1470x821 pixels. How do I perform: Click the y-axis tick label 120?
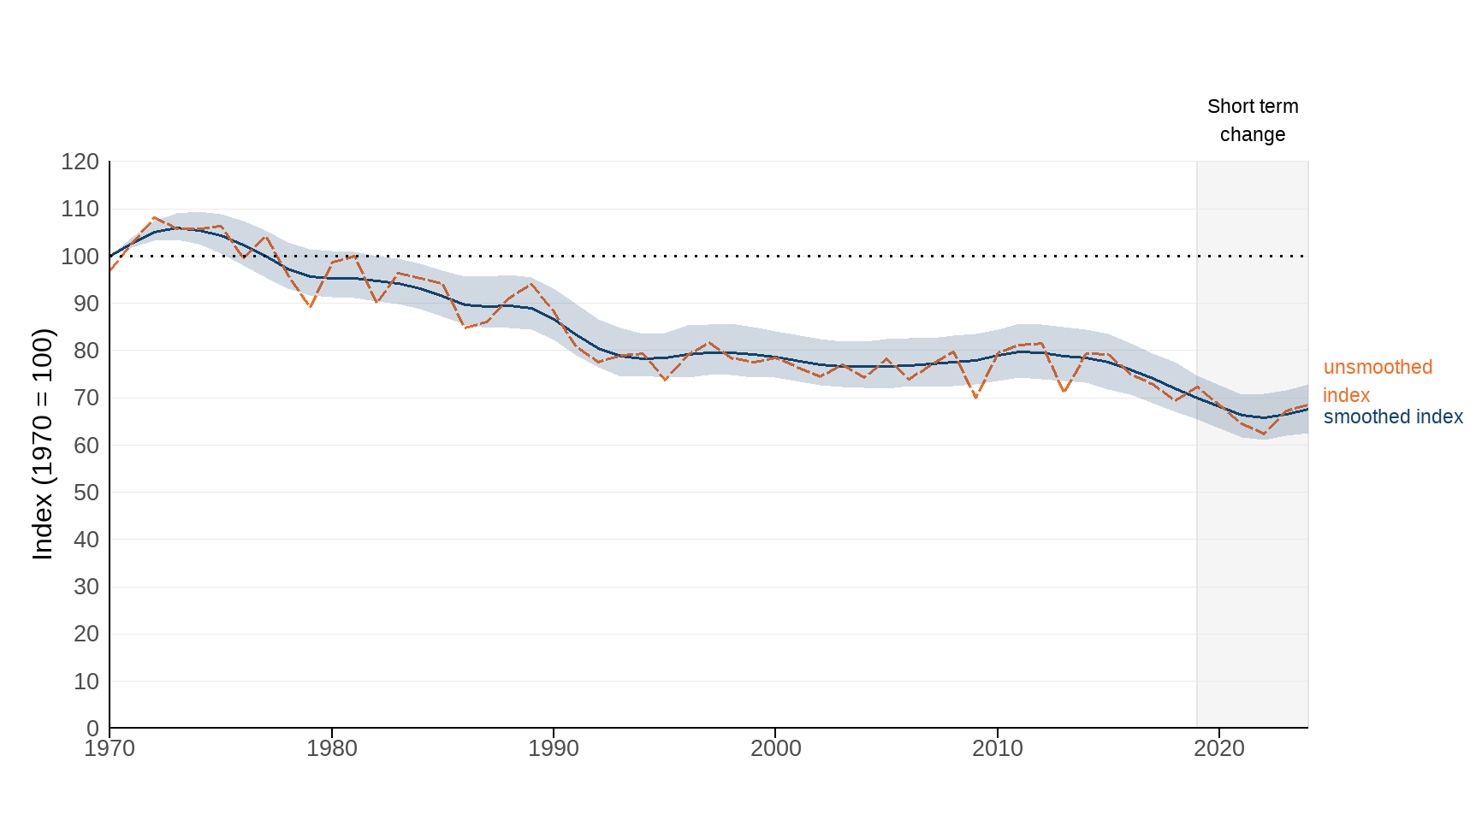tap(80, 162)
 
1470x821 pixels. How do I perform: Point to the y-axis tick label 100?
tap(80, 257)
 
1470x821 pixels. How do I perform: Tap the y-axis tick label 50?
tap(86, 493)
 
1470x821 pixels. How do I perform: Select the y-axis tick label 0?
tap(92, 729)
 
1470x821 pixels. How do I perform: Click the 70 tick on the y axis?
tap(86, 398)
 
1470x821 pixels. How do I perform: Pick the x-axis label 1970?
tap(110, 748)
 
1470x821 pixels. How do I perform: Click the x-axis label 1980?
tap(332, 748)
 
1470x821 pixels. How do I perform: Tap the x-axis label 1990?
tap(554, 748)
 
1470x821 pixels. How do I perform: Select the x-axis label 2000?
tap(776, 748)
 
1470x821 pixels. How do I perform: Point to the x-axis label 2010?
tap(998, 748)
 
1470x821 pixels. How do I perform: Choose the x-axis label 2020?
tap(1219, 748)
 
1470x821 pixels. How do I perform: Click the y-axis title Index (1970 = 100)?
tap(43, 445)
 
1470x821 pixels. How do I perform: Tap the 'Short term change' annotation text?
tap(1253, 121)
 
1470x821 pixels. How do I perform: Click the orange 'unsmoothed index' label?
tap(1377, 381)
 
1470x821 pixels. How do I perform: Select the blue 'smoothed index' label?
tap(1393, 417)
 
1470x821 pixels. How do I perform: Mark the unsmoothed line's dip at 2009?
tap(975, 398)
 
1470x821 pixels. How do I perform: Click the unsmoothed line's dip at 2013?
tap(1064, 392)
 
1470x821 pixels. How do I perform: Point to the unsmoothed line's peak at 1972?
tap(154, 218)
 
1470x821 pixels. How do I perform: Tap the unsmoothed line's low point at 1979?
tap(310, 306)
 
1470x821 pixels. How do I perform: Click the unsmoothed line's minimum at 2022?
tap(1264, 434)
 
